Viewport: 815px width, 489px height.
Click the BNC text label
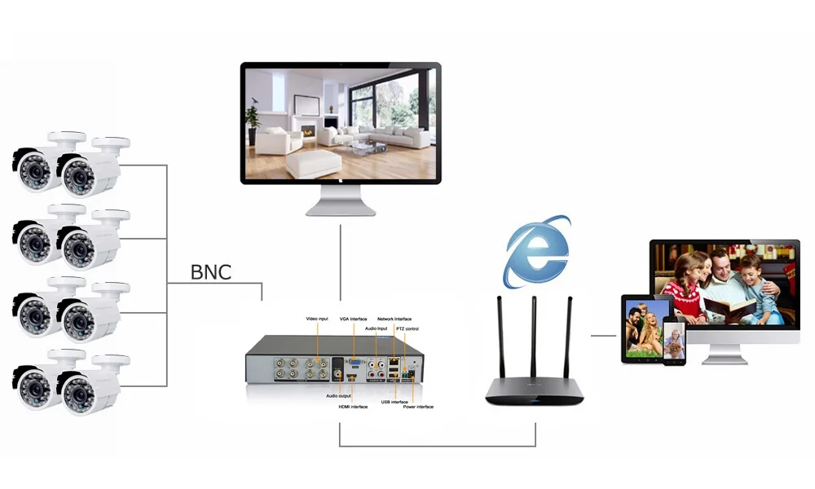211,271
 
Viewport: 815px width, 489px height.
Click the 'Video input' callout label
317,318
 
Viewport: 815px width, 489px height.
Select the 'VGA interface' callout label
354,319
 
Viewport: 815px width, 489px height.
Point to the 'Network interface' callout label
394,319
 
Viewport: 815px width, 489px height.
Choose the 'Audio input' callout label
377,328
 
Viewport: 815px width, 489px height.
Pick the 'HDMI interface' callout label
353,406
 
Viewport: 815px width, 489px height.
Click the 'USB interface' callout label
394,401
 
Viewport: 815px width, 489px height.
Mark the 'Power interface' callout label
418,406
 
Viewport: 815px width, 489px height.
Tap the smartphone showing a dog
674,341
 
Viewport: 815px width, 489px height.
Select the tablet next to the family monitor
644,328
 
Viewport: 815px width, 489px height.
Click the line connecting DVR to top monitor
341,261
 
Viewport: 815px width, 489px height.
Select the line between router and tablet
603,335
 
